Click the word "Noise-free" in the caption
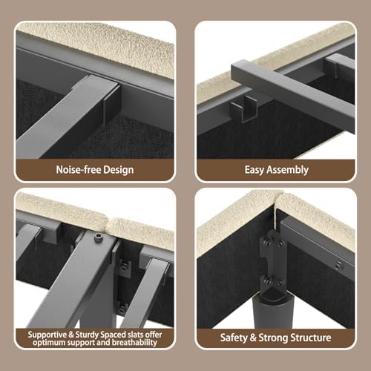(x=79, y=170)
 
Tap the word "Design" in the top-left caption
(x=119, y=170)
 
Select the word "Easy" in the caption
(x=254, y=170)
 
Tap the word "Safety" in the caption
(x=234, y=338)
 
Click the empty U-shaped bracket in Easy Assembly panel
(x=243, y=109)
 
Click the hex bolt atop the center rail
(x=97, y=237)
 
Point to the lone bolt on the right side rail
(x=338, y=265)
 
